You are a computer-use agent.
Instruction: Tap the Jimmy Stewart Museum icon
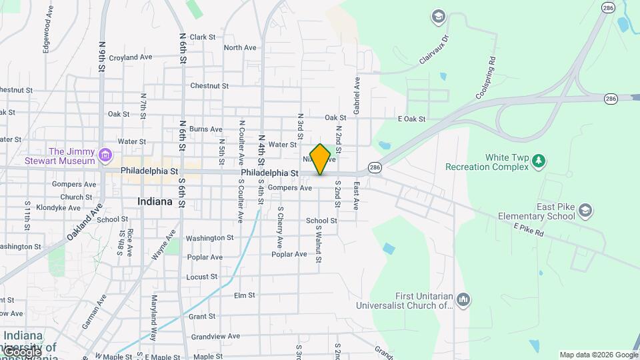[104, 155]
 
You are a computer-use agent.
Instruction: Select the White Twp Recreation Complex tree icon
[539, 161]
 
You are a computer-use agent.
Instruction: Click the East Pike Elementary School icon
[585, 211]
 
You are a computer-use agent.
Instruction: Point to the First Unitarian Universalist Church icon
[464, 300]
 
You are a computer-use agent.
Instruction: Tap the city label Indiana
[155, 201]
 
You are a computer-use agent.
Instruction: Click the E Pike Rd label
[529, 231]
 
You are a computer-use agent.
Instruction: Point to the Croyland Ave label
[131, 57]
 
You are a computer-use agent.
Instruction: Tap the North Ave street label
[240, 47]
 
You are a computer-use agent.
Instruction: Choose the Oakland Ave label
[83, 222]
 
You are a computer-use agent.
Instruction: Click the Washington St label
[209, 237]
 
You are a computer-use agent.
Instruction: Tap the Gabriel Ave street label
[357, 95]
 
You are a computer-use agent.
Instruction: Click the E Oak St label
[411, 119]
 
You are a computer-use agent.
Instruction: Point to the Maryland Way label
[153, 318]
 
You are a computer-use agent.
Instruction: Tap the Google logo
[21, 351]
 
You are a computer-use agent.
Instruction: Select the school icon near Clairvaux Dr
[438, 16]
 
